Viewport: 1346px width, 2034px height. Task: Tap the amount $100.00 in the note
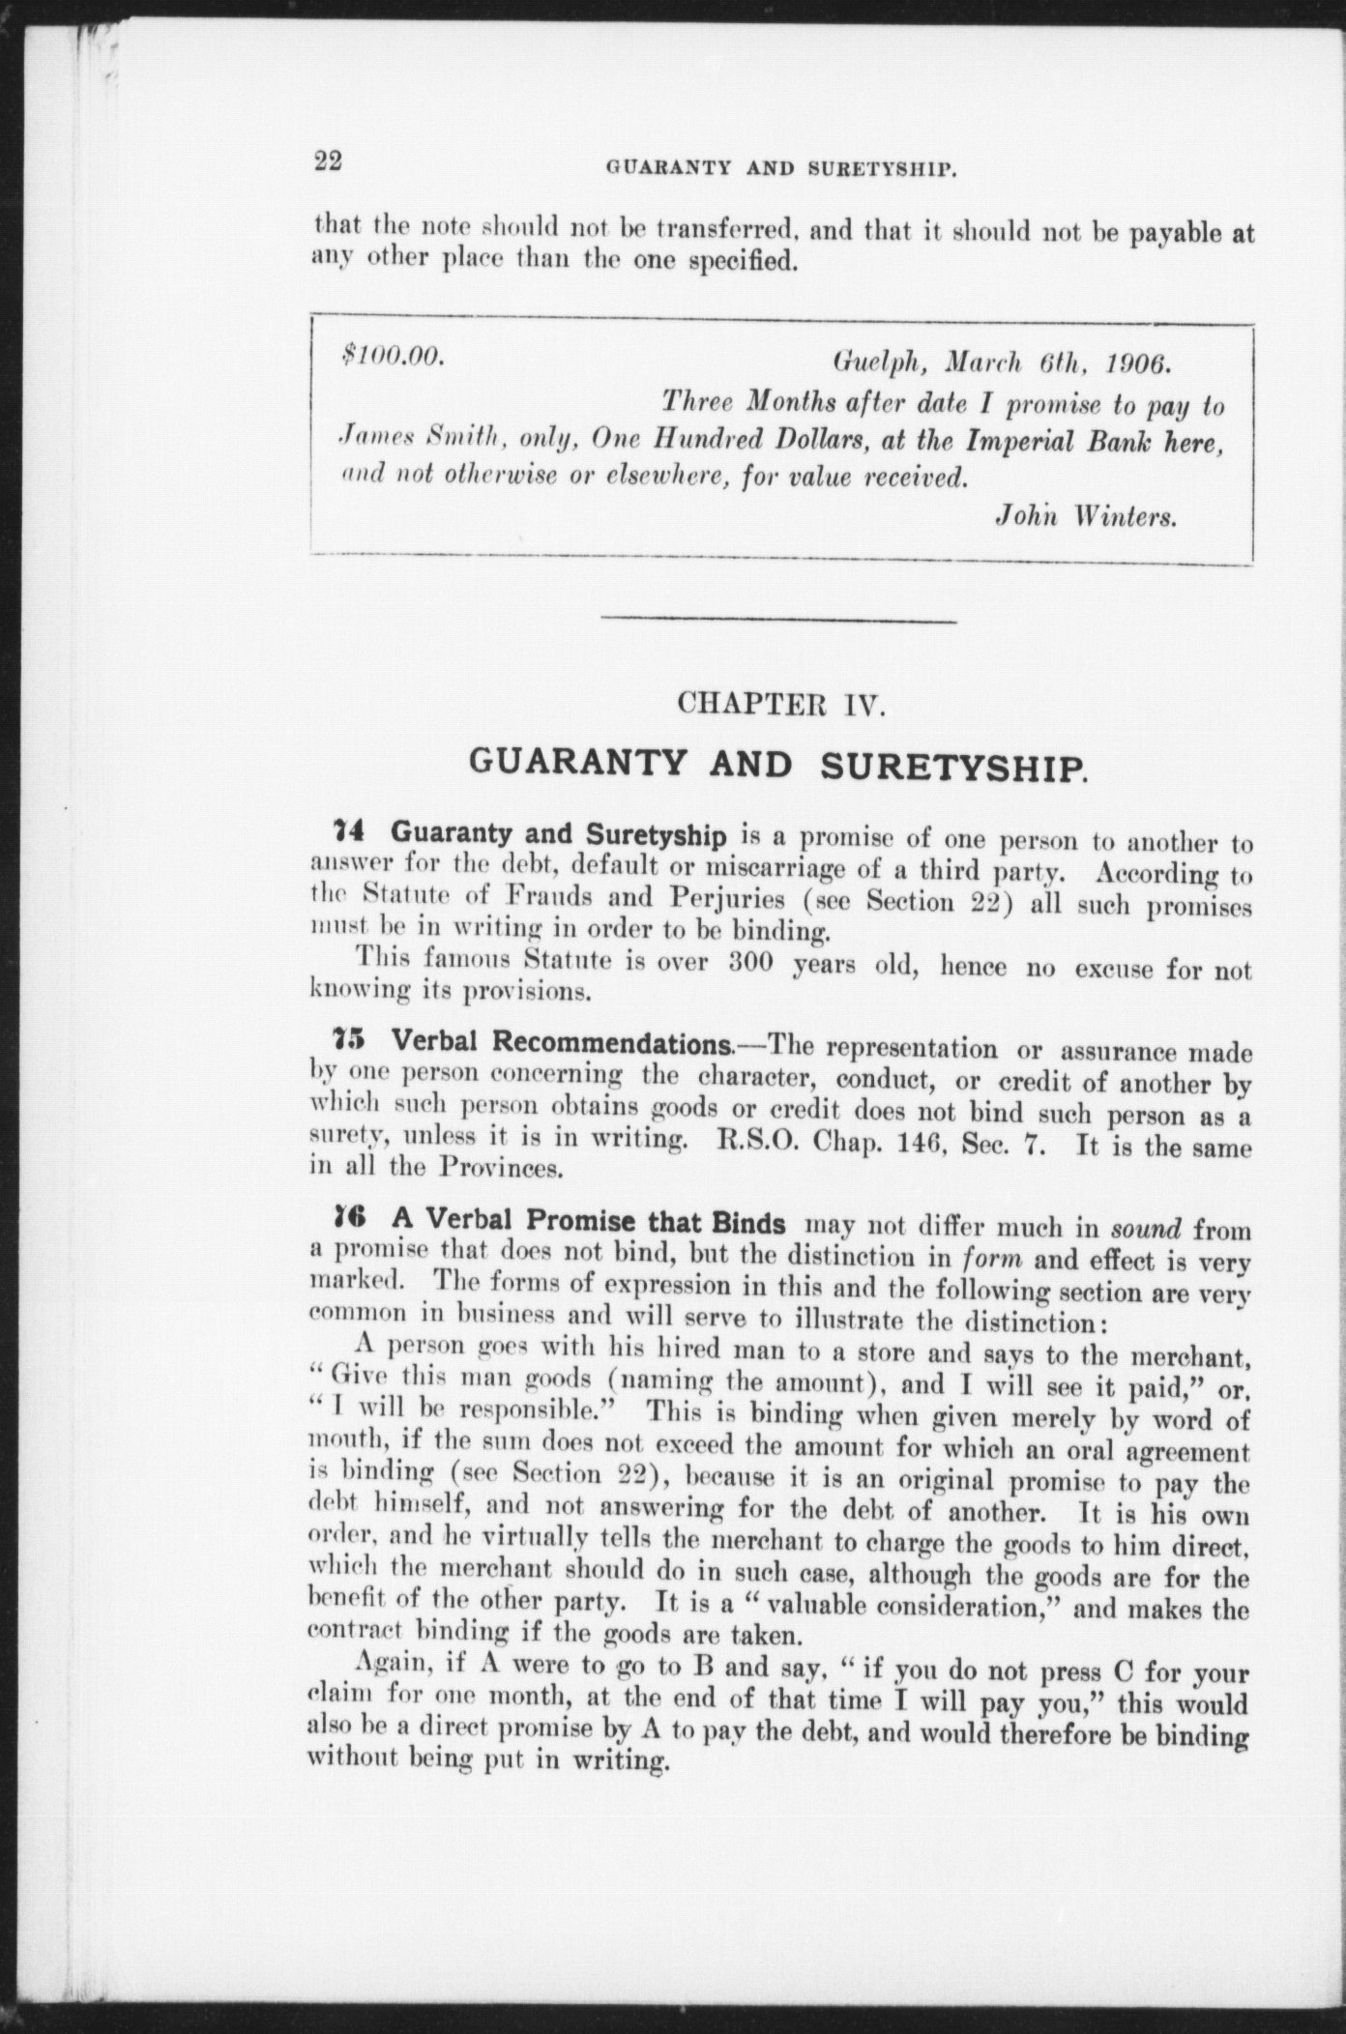pyautogui.click(x=393, y=356)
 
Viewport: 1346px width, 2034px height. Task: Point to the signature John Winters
pyautogui.click(x=1086, y=516)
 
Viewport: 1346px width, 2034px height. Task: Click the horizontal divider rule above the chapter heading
pyautogui.click(x=778, y=620)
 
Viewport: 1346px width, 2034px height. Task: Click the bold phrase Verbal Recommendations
pyautogui.click(x=562, y=1044)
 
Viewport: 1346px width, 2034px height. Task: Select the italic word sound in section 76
pyautogui.click(x=1147, y=1230)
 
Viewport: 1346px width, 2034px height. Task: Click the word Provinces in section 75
pyautogui.click(x=500, y=1168)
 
